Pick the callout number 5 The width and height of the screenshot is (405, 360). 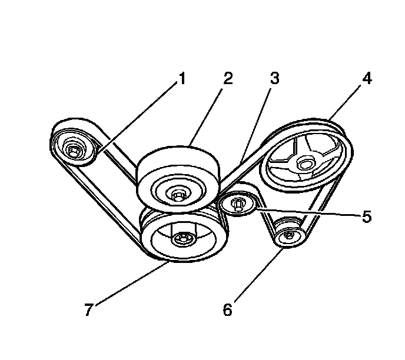366,216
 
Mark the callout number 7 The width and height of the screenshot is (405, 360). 88,309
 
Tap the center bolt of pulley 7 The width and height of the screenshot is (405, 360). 182,238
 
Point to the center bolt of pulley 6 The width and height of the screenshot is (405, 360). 288,235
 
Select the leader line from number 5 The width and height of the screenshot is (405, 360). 306,212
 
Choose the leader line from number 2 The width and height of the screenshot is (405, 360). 207,114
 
